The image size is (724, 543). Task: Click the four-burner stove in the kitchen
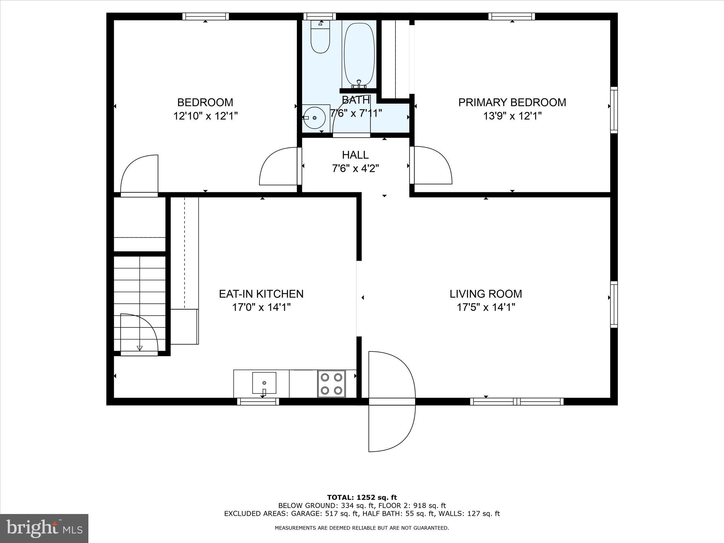331,384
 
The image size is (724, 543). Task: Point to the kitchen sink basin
264,383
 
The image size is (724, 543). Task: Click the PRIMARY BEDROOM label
512,103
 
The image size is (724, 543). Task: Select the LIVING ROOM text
485,294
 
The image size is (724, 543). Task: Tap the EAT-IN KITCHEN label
261,294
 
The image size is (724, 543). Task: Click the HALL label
355,155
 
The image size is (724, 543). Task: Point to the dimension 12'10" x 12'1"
205,116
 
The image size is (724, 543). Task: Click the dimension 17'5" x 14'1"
485,307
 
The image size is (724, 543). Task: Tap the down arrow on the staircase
140,348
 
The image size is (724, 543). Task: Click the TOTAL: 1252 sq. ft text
362,498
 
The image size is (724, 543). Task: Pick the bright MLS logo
44,528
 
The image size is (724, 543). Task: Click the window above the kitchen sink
258,402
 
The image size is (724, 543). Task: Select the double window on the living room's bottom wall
516,402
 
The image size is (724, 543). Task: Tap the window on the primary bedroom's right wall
614,110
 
